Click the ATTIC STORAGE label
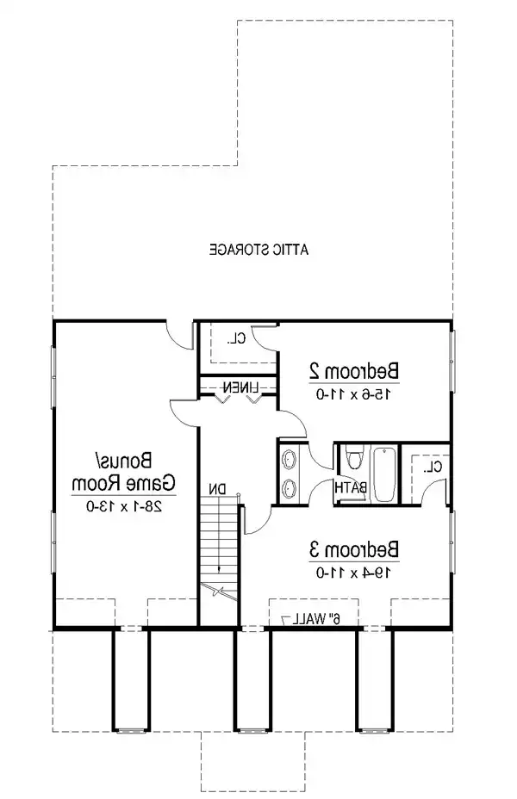point(259,250)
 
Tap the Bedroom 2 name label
point(354,371)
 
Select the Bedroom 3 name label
point(354,550)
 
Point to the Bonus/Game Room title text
point(124,471)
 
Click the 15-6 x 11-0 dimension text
point(354,393)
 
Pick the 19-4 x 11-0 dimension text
point(354,573)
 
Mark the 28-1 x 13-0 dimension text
point(124,506)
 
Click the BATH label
point(351,487)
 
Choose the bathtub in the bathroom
point(384,474)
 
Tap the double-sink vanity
point(290,473)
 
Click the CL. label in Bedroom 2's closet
point(237,338)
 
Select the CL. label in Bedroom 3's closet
point(434,467)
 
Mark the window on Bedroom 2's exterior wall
point(452,361)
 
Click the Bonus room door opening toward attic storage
point(180,335)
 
